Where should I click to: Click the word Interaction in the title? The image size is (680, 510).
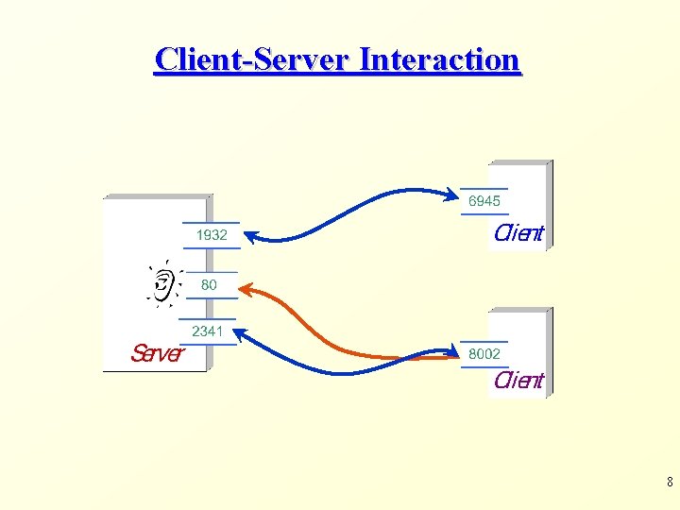[440, 59]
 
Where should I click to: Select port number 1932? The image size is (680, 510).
[212, 235]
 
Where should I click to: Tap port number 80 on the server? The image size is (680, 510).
[209, 284]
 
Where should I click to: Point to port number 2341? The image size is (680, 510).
[208, 331]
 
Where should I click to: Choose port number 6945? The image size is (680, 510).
[484, 201]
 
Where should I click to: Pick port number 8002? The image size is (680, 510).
[484, 354]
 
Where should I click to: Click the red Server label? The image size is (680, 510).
[157, 353]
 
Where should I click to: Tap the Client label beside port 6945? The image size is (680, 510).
[518, 233]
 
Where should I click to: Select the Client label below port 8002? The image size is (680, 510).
[518, 381]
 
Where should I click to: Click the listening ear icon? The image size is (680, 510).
[164, 282]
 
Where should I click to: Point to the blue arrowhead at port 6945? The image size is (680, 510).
[452, 196]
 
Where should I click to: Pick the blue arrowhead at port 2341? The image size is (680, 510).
[240, 332]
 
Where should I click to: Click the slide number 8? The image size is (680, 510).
[669, 483]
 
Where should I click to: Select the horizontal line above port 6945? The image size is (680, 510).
[484, 189]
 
